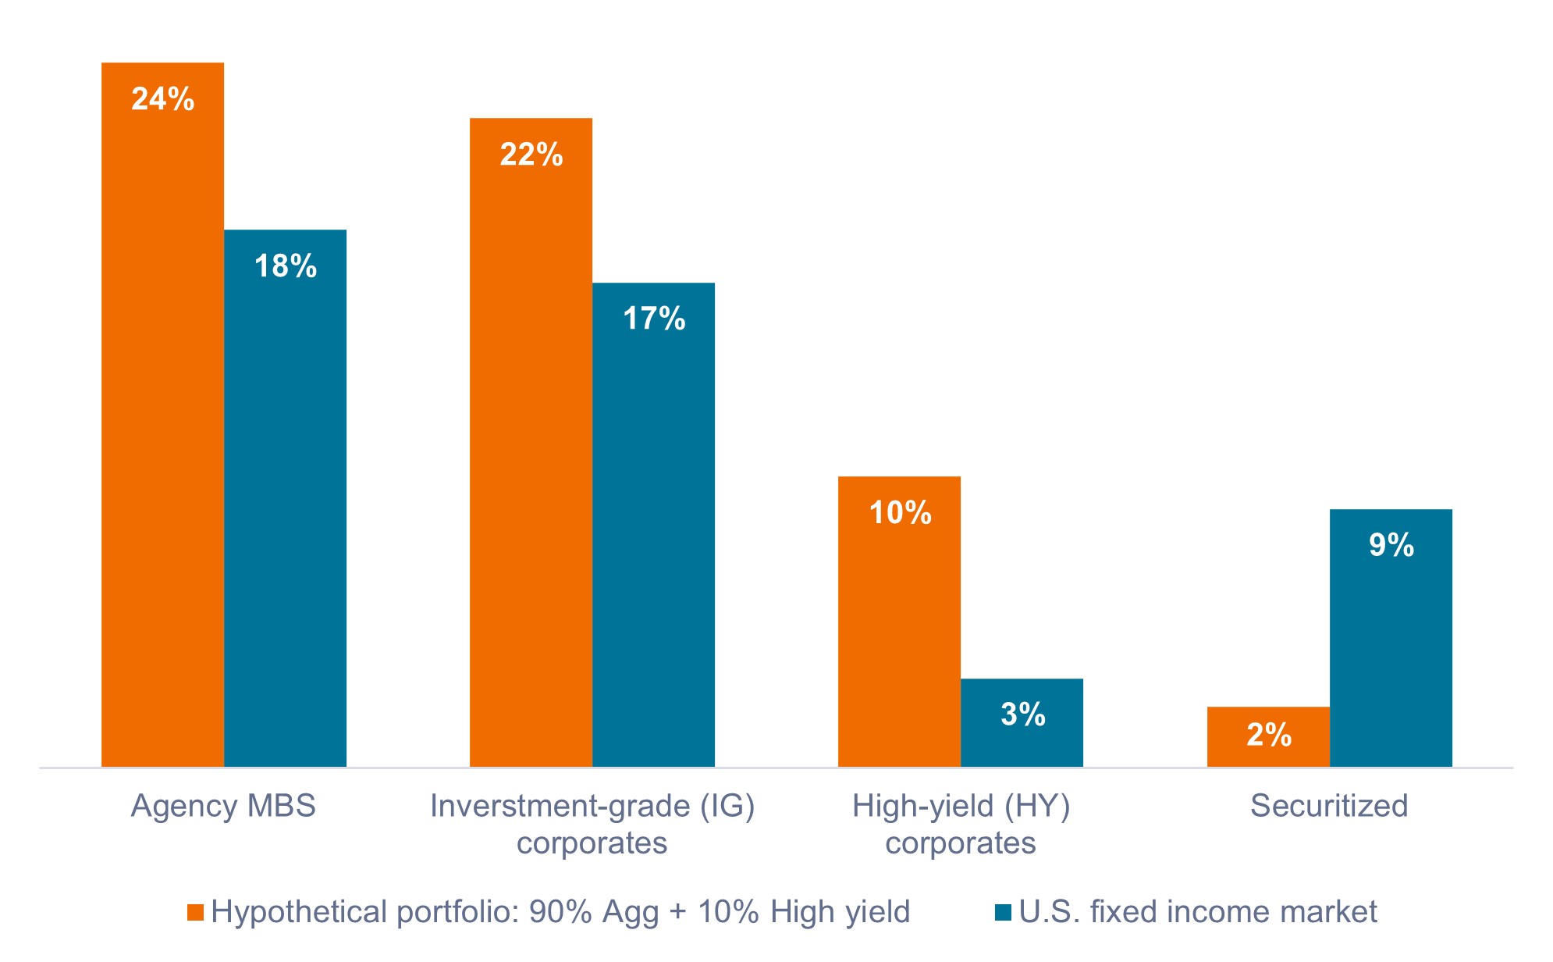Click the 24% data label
pos(162,99)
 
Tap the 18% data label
pos(286,266)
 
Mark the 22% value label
pos(531,155)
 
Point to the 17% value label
pos(654,319)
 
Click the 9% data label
pos(1391,545)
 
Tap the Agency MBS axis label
pos(223,806)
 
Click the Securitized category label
pos(1329,806)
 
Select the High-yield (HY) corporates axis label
pos(961,825)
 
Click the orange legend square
pos(195,912)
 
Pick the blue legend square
pos(1003,912)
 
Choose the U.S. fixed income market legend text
pos(1198,912)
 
